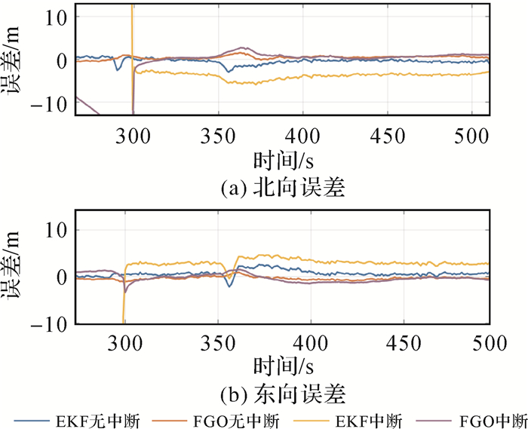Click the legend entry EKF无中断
coord(75,420)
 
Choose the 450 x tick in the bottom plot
coord(400,342)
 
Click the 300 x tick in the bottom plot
coord(125,342)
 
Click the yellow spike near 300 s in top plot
coord(132,23)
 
